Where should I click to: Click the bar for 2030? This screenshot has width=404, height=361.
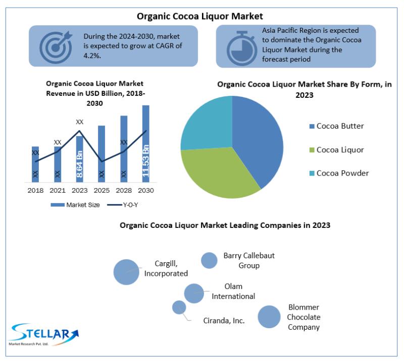click(146, 144)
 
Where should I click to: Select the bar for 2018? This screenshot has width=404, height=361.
click(35, 164)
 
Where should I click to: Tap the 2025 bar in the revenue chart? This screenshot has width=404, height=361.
click(102, 154)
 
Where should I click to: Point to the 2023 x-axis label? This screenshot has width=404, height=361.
click(80, 191)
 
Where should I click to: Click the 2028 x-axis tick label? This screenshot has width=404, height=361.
click(124, 191)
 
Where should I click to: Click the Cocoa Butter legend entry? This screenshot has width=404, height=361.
click(336, 126)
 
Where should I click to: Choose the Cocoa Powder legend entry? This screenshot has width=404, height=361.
click(339, 173)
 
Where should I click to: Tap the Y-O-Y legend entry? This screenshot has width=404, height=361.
click(123, 205)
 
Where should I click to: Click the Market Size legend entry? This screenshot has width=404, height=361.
click(75, 205)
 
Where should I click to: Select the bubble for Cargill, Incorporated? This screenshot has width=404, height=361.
click(126, 272)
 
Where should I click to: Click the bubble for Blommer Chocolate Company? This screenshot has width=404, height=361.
click(269, 317)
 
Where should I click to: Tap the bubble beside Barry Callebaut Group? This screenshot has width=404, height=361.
click(209, 260)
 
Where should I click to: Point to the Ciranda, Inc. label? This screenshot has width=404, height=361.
click(224, 321)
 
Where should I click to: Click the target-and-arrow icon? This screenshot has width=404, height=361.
click(56, 47)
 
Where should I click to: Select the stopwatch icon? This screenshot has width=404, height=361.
click(242, 48)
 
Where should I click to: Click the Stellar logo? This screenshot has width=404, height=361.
click(44, 334)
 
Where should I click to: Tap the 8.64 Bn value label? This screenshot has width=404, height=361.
click(80, 164)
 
